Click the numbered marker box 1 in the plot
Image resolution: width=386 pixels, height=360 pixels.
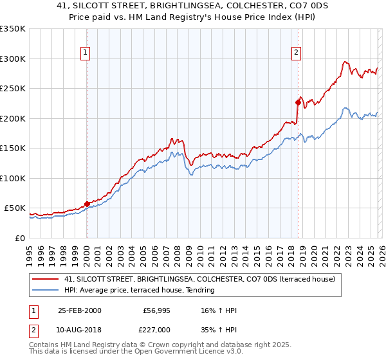pyautogui.click(x=86, y=53)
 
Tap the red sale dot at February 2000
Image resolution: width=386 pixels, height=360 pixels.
pyautogui.click(x=87, y=204)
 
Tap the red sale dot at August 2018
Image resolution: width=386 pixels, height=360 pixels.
pyautogui.click(x=298, y=102)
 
